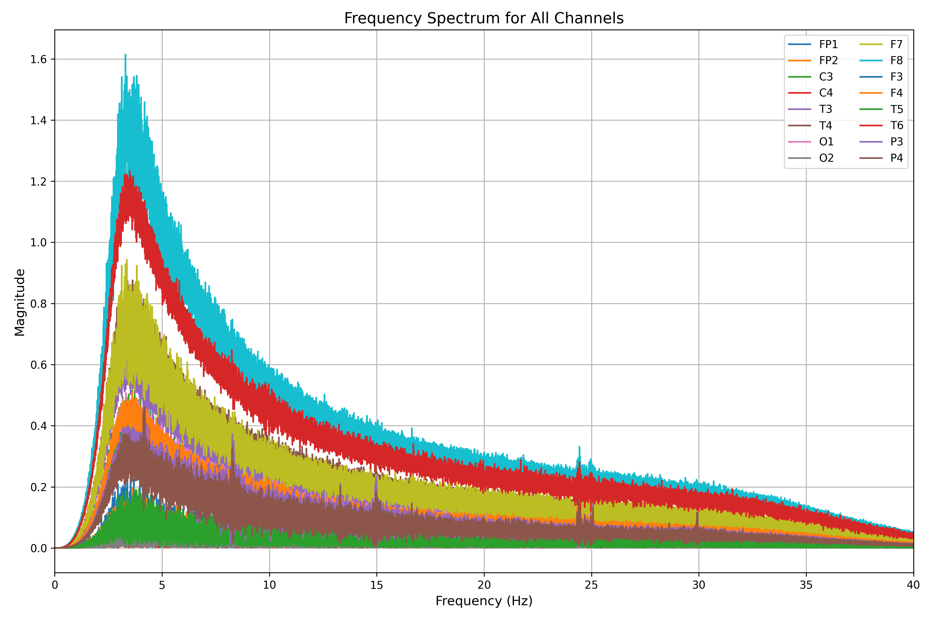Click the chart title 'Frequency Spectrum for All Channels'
(x=484, y=18)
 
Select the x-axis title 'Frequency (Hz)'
(x=484, y=601)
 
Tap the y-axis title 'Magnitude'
(x=20, y=302)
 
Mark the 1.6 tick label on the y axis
(x=38, y=60)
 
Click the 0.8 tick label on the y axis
(x=38, y=304)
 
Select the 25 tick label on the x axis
(x=591, y=585)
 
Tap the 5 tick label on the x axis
(x=162, y=585)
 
